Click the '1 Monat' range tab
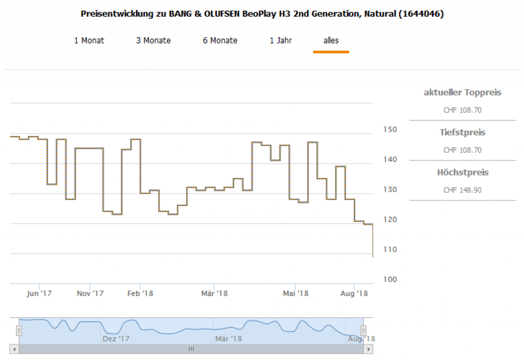(x=89, y=40)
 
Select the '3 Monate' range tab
(x=153, y=40)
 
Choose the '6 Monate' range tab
(x=220, y=40)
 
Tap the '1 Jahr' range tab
(x=281, y=40)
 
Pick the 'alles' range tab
(x=331, y=40)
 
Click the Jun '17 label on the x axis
(x=39, y=294)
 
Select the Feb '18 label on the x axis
(x=141, y=294)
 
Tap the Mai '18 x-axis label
(x=296, y=294)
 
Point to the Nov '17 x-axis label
(x=90, y=294)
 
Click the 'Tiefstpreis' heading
(x=462, y=132)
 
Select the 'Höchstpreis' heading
(x=462, y=172)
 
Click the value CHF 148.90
(x=462, y=190)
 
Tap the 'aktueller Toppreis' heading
(x=462, y=93)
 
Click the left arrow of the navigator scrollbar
(x=14, y=349)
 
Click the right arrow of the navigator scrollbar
(x=368, y=349)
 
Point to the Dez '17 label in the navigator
(x=117, y=339)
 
